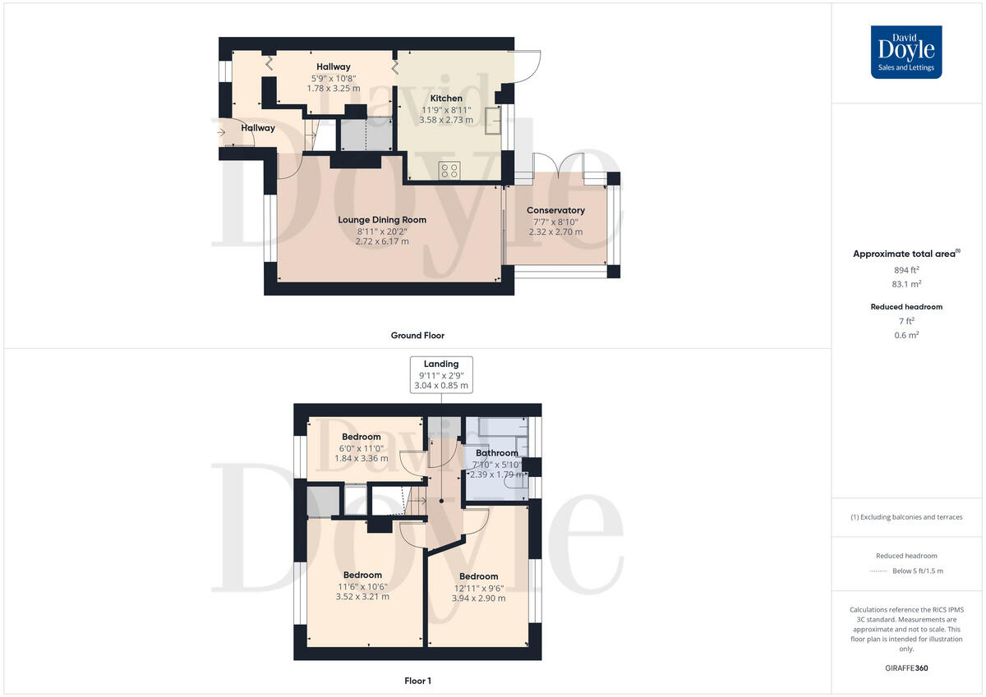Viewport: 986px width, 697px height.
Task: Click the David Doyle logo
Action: coord(906,52)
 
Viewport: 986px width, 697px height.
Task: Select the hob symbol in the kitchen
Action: coord(449,171)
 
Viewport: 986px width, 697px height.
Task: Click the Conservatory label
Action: coord(555,211)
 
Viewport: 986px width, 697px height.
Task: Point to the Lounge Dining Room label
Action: coord(382,220)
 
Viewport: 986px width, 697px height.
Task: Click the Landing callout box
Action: coord(441,374)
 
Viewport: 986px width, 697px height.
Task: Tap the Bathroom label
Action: coord(497,453)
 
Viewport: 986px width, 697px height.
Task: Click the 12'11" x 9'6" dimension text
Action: coord(478,588)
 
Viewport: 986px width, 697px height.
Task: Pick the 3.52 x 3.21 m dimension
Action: coord(362,597)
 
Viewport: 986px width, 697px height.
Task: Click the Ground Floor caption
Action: coord(417,335)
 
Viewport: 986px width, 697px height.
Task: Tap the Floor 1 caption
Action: coord(417,681)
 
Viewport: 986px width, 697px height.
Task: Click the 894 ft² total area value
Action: coord(906,270)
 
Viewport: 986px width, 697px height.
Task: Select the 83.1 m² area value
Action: coord(906,284)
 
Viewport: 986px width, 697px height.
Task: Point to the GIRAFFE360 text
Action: coord(906,668)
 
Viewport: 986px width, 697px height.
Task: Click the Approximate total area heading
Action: coord(905,254)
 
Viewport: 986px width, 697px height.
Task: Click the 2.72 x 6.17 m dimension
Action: coord(381,241)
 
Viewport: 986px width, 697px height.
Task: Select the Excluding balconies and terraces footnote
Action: coord(906,517)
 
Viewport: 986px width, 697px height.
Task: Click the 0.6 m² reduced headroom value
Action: coord(906,335)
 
